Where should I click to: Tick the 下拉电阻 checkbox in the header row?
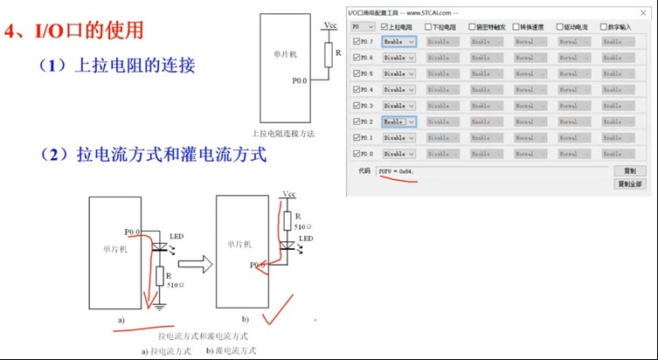point(428,26)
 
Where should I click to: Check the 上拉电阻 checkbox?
point(384,26)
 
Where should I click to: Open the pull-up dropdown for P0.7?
point(398,42)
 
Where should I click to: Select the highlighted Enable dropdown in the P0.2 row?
point(398,121)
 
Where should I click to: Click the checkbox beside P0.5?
point(356,73)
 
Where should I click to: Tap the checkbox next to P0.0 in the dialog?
point(356,154)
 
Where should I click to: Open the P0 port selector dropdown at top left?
point(362,26)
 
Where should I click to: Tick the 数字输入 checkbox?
point(603,26)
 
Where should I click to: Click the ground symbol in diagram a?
point(158,305)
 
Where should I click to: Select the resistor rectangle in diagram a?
point(158,278)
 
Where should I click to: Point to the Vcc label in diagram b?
point(289,194)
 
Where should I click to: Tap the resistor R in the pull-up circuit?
point(327,57)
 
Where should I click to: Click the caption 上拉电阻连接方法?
point(282,134)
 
